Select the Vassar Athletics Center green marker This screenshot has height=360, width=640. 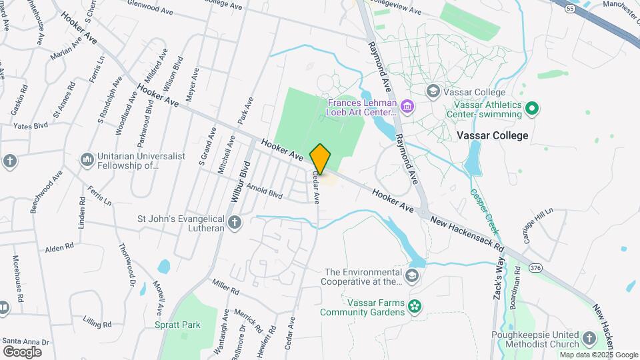point(532,107)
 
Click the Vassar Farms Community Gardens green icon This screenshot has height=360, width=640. point(415,306)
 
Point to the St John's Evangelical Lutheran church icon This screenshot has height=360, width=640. point(234,223)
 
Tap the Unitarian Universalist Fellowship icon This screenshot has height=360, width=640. point(87,160)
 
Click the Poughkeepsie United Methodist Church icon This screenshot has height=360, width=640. point(589,339)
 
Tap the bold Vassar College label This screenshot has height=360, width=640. point(493,135)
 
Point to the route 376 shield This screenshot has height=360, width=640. point(535,267)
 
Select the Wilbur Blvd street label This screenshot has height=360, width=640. point(240,181)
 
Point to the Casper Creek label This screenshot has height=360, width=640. point(483,203)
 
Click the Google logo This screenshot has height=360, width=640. point(22,351)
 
